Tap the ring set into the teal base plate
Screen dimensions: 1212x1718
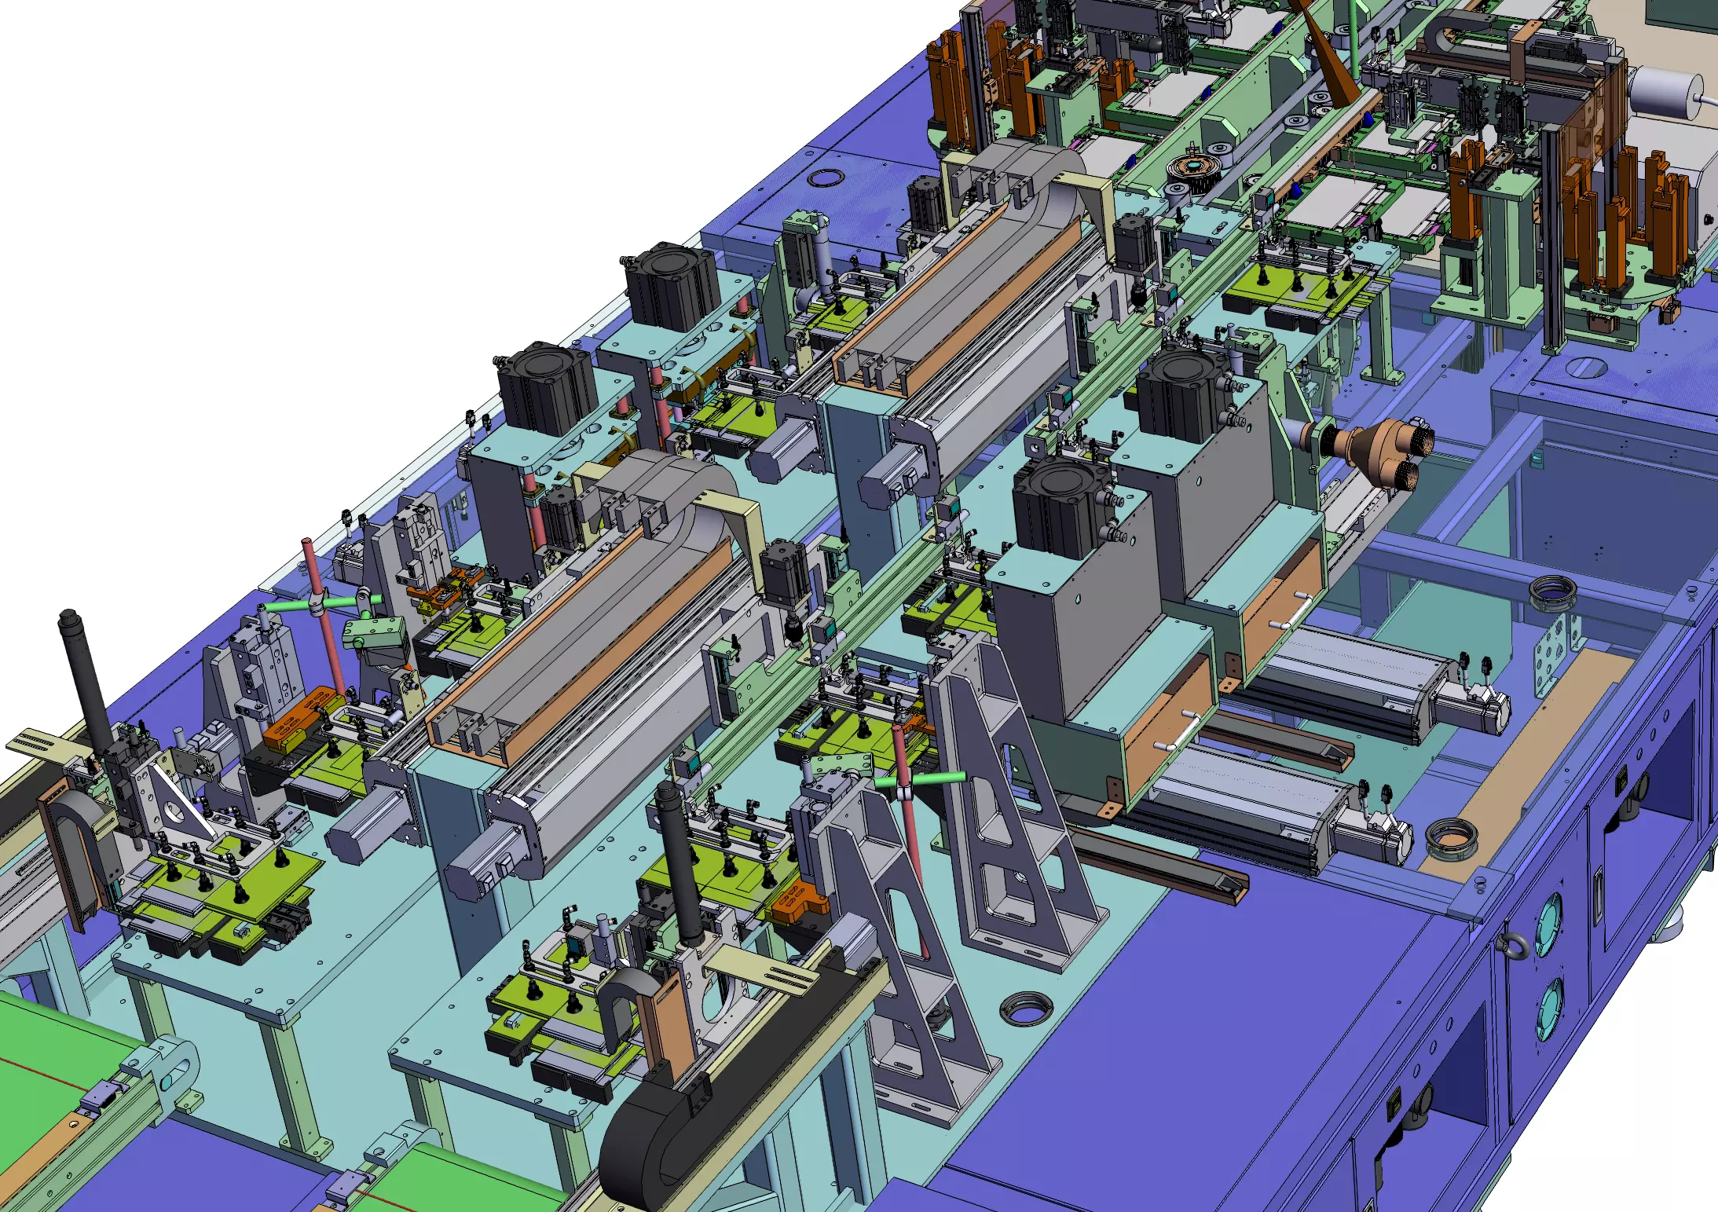(x=1025, y=1008)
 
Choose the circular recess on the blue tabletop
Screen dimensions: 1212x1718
(x=822, y=178)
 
